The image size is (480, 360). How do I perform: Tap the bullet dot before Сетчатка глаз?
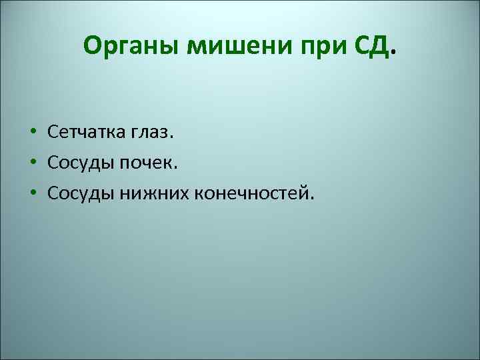tap(32, 133)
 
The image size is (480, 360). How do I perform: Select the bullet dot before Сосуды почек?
tap(32, 163)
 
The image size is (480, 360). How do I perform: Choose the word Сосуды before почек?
tap(80, 163)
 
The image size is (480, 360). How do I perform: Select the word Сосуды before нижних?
tap(80, 193)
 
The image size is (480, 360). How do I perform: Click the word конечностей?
tap(249, 193)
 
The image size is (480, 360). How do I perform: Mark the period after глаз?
tap(171, 137)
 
